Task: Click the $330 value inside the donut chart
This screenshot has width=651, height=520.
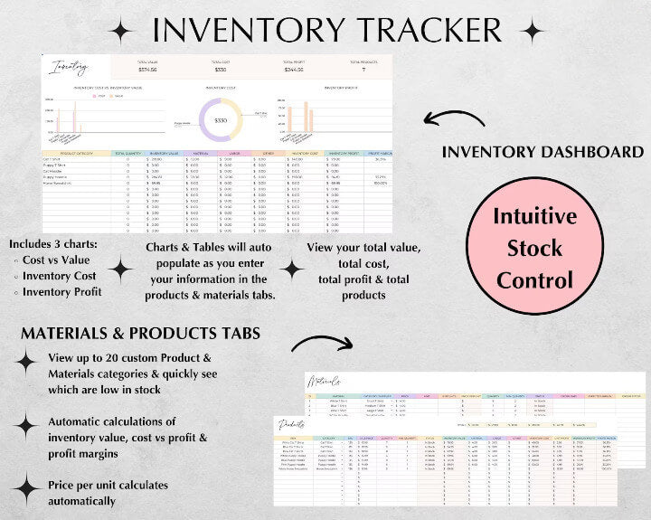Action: (x=220, y=120)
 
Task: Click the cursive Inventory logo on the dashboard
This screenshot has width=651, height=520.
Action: (x=71, y=66)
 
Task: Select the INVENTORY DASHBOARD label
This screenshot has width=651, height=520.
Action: (x=542, y=152)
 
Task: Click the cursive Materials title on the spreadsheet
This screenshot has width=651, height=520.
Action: (x=324, y=382)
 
